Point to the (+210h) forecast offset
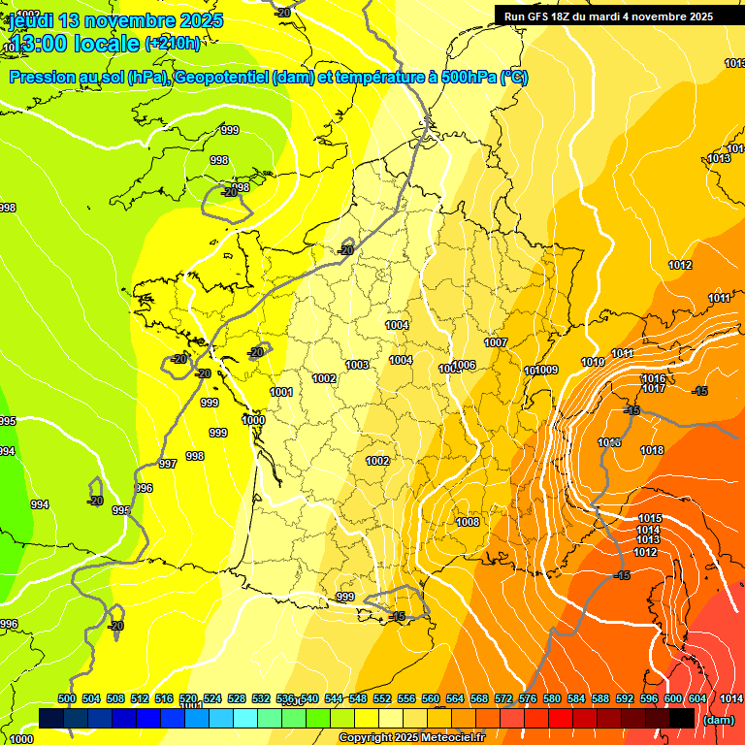(x=173, y=44)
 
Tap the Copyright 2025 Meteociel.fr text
(x=411, y=738)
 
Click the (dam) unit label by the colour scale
(x=719, y=719)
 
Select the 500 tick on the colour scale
(x=67, y=698)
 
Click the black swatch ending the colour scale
(x=682, y=718)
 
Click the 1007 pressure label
(x=496, y=342)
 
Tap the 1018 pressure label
(x=652, y=450)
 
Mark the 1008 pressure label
(x=468, y=522)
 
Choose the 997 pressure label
(x=168, y=464)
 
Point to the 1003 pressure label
(x=357, y=365)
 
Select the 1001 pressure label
(x=281, y=392)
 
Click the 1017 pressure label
(x=653, y=388)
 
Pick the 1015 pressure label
(x=650, y=518)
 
